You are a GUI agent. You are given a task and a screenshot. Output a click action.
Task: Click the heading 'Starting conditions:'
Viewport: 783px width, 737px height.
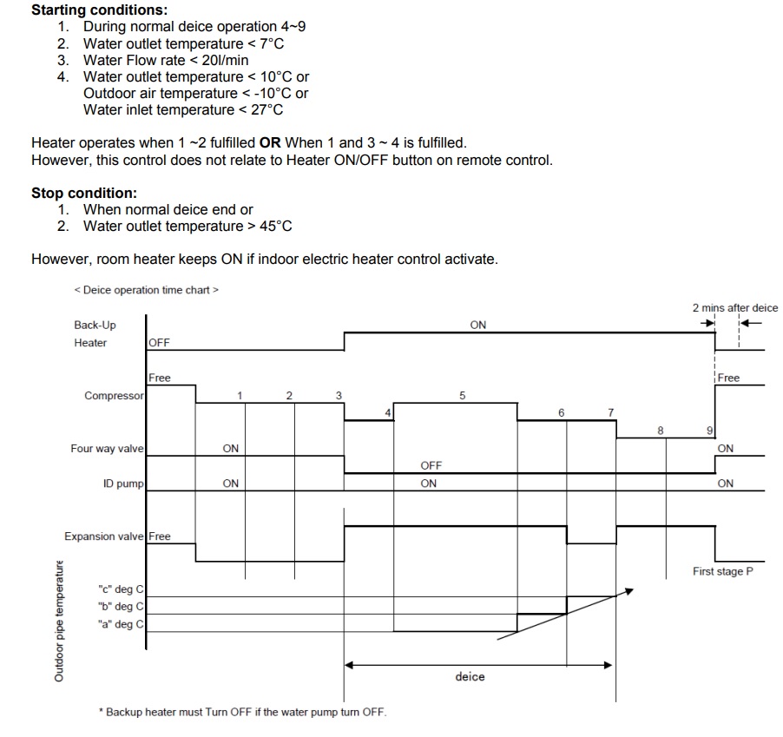(x=87, y=10)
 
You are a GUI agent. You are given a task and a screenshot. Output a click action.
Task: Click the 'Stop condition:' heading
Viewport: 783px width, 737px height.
(x=83, y=194)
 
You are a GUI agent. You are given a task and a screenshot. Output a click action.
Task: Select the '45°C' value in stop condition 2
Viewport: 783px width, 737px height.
(x=275, y=227)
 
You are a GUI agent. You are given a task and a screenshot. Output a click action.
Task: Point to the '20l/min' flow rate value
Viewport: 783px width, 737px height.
(x=224, y=60)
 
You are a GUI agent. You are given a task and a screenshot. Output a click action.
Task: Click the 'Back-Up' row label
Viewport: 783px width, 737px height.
(x=95, y=325)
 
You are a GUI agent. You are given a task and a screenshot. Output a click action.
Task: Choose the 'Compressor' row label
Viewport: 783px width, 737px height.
(x=114, y=396)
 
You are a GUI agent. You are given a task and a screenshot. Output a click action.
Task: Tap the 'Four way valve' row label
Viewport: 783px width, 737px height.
(x=108, y=449)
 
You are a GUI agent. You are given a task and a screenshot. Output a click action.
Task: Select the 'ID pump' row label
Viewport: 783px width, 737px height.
(x=123, y=484)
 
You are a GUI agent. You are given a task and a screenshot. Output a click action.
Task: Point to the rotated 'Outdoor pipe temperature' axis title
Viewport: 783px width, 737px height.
(x=60, y=619)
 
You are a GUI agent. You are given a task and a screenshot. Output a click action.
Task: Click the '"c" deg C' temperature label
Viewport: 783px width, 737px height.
(x=121, y=589)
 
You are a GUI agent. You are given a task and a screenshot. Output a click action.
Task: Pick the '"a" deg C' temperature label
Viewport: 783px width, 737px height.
(x=121, y=624)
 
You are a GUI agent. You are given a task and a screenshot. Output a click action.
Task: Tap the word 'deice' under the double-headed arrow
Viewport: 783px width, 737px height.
(x=470, y=676)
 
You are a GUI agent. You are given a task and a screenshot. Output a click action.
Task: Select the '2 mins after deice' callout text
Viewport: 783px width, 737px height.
(x=735, y=307)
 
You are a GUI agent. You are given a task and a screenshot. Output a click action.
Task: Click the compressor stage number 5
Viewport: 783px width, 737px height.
(x=462, y=395)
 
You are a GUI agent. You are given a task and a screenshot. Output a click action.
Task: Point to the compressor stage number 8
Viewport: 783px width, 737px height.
(x=661, y=430)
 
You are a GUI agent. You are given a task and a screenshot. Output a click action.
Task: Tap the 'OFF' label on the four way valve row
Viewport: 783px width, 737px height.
(x=431, y=466)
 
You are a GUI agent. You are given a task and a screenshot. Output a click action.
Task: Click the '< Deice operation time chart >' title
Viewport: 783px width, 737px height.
(x=146, y=290)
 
